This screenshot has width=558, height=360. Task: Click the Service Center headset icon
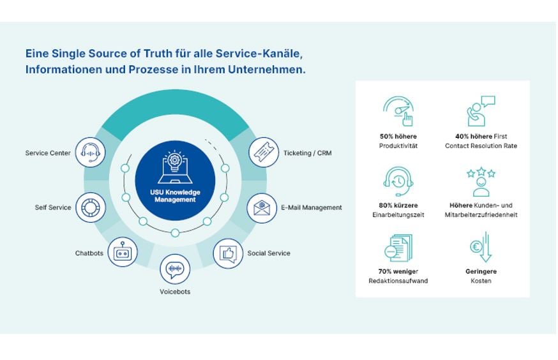tap(91, 153)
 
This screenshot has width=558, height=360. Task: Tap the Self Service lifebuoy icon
tap(91, 207)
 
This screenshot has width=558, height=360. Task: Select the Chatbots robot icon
tap(122, 253)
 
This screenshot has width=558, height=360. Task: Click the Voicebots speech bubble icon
tap(174, 269)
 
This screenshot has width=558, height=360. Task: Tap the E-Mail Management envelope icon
tap(262, 208)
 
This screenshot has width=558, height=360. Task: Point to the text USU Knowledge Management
tap(175, 196)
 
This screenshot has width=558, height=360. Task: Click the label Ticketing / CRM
tap(307, 153)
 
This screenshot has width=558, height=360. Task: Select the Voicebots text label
tap(175, 292)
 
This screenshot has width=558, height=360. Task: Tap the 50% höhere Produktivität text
tap(398, 141)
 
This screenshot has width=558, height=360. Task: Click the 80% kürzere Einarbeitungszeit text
tap(398, 210)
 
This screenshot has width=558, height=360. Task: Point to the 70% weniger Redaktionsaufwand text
tap(398, 276)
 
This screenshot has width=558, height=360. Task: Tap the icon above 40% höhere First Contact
tap(481, 112)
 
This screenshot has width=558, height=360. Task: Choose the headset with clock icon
tap(398, 181)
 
